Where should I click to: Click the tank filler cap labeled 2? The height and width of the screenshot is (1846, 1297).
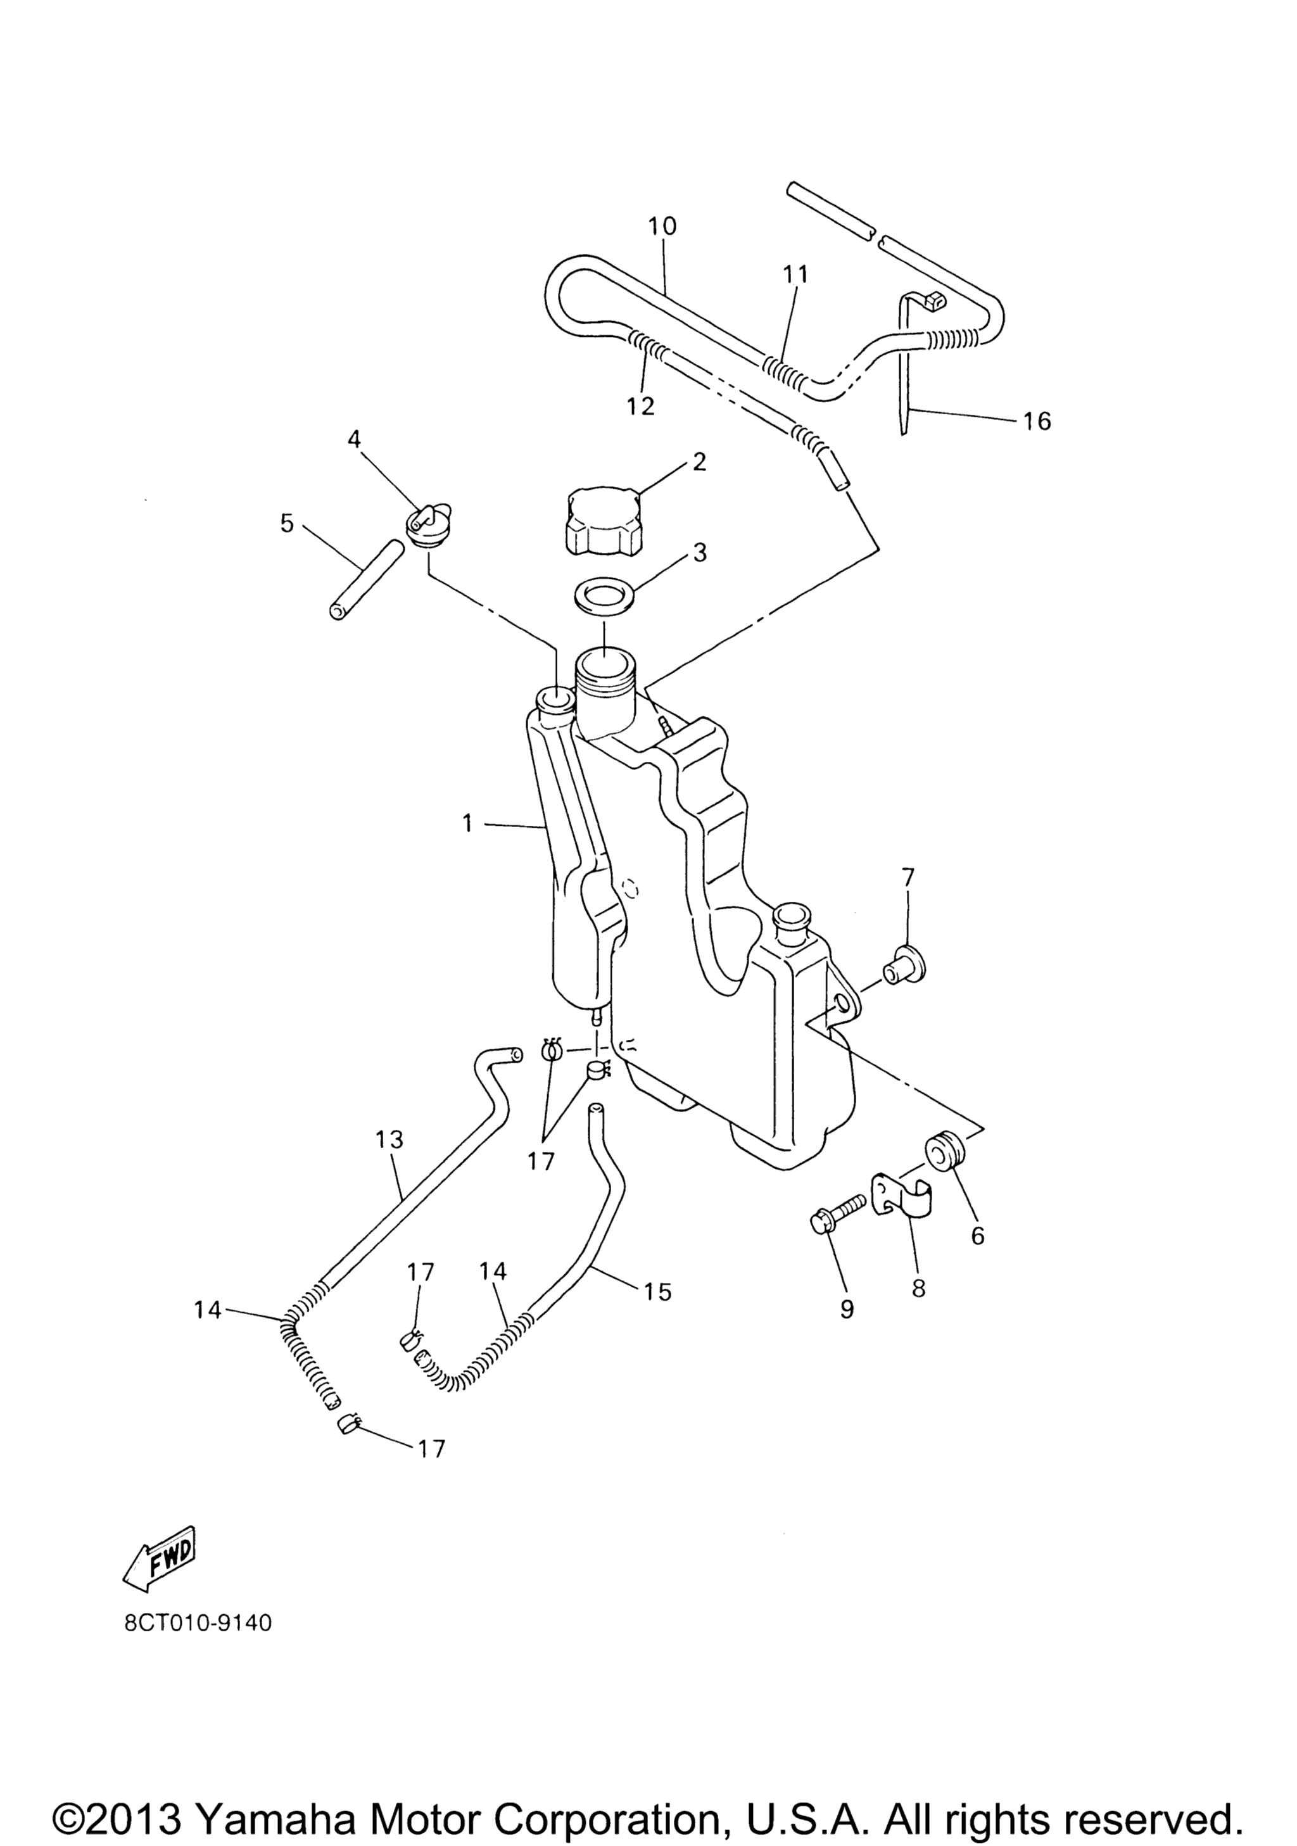pos(603,519)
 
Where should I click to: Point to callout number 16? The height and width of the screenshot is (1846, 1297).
pos(1037,420)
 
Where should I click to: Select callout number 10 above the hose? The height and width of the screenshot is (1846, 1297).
pos(662,226)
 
